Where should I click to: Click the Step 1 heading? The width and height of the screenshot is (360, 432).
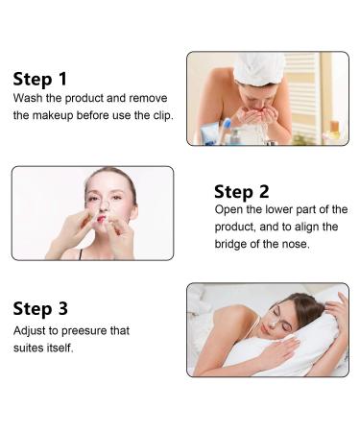pos(41,78)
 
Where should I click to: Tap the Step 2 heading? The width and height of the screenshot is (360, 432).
pos(241,191)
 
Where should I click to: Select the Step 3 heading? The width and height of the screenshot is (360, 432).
pos(40,308)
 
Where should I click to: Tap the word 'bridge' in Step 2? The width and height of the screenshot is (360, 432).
pos(232,243)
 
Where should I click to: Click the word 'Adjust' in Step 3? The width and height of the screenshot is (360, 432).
pos(30,331)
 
